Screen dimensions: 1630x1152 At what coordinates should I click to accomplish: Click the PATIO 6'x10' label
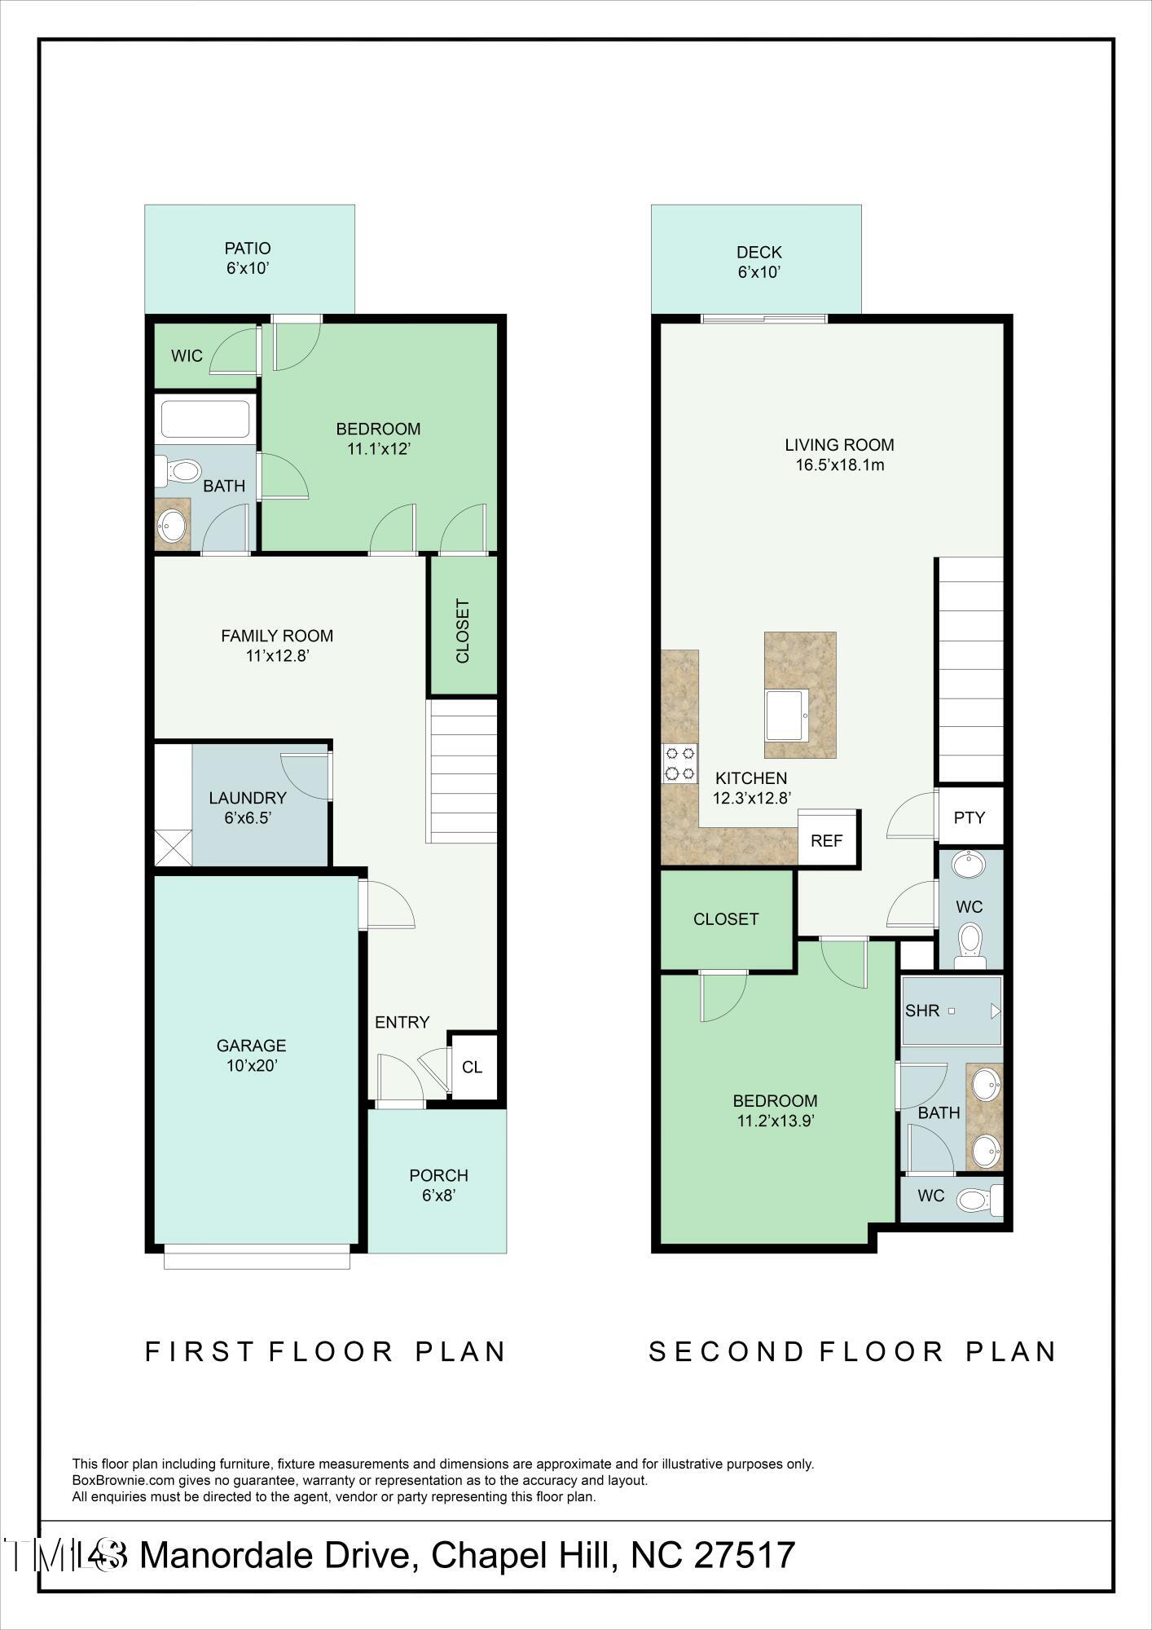(248, 258)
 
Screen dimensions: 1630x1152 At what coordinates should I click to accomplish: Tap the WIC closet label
(187, 356)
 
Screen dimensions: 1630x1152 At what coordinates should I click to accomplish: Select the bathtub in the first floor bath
(205, 420)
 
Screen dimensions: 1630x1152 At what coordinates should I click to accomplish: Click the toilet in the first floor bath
(180, 470)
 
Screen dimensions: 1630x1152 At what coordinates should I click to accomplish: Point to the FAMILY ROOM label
(277, 636)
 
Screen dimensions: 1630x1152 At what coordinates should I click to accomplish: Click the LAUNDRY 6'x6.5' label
(247, 808)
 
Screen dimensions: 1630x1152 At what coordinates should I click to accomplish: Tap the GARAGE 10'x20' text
(251, 1055)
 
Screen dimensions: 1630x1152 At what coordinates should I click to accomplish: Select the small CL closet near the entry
(473, 1067)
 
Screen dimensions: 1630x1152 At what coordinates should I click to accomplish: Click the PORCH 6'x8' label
(438, 1185)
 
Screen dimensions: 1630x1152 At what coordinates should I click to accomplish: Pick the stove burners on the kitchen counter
(679, 764)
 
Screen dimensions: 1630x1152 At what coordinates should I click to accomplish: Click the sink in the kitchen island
(786, 716)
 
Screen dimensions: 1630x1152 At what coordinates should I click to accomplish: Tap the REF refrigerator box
(826, 840)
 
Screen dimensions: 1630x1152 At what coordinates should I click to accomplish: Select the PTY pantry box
(970, 817)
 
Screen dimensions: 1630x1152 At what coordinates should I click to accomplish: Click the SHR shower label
(922, 1011)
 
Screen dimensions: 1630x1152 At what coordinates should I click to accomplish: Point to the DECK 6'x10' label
(759, 262)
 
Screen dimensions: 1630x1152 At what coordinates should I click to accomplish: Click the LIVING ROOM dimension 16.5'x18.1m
(840, 465)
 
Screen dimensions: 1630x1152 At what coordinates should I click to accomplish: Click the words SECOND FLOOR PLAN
(852, 1351)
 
